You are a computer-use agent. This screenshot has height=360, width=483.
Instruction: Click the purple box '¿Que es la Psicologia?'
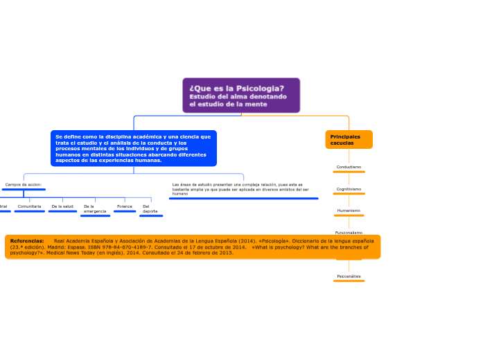click(241, 95)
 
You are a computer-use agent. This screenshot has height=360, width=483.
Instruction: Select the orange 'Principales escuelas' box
click(349, 140)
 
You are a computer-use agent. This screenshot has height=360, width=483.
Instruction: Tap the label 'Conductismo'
click(349, 167)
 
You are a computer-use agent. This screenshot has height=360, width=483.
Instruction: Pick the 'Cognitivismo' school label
click(349, 189)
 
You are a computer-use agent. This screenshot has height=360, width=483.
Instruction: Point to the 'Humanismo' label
click(349, 210)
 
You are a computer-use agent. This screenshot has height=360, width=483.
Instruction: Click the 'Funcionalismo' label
click(349, 233)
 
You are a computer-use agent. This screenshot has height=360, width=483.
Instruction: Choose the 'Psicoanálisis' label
click(349, 276)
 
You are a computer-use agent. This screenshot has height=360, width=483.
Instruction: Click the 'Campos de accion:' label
click(24, 185)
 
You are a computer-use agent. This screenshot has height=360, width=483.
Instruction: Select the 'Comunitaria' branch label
click(29, 206)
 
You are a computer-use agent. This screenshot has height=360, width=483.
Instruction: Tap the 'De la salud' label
click(62, 206)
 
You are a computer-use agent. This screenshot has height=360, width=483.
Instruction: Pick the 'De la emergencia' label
click(95, 208)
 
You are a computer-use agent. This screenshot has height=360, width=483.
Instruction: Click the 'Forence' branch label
click(125, 206)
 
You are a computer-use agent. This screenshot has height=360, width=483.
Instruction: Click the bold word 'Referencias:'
click(27, 241)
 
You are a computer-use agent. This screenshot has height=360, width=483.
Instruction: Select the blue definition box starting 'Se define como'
click(133, 148)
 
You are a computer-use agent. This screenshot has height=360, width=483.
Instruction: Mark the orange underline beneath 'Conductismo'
click(349, 172)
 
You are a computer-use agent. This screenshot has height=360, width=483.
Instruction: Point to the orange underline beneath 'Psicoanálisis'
click(349, 282)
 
